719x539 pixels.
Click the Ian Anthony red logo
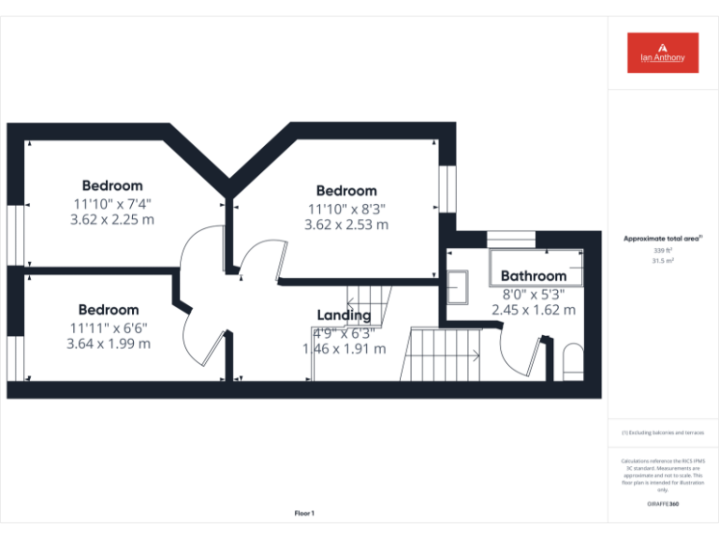[662, 52]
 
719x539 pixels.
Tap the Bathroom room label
[534, 276]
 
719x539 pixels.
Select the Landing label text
[344, 315]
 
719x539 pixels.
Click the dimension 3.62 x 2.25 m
[112, 220]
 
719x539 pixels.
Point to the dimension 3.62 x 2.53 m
[346, 225]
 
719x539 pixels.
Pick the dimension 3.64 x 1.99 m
[109, 343]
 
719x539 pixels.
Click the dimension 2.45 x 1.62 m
[534, 310]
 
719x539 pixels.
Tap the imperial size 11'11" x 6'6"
[109, 328]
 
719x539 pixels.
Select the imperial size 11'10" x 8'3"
[346, 209]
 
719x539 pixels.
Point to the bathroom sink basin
[459, 287]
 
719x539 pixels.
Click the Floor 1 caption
[304, 513]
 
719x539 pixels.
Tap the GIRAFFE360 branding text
[663, 504]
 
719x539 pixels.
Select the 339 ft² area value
[662, 251]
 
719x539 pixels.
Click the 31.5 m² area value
[662, 262]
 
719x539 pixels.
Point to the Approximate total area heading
[662, 239]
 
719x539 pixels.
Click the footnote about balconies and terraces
[662, 432]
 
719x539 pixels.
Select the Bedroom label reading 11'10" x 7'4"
[112, 185]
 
